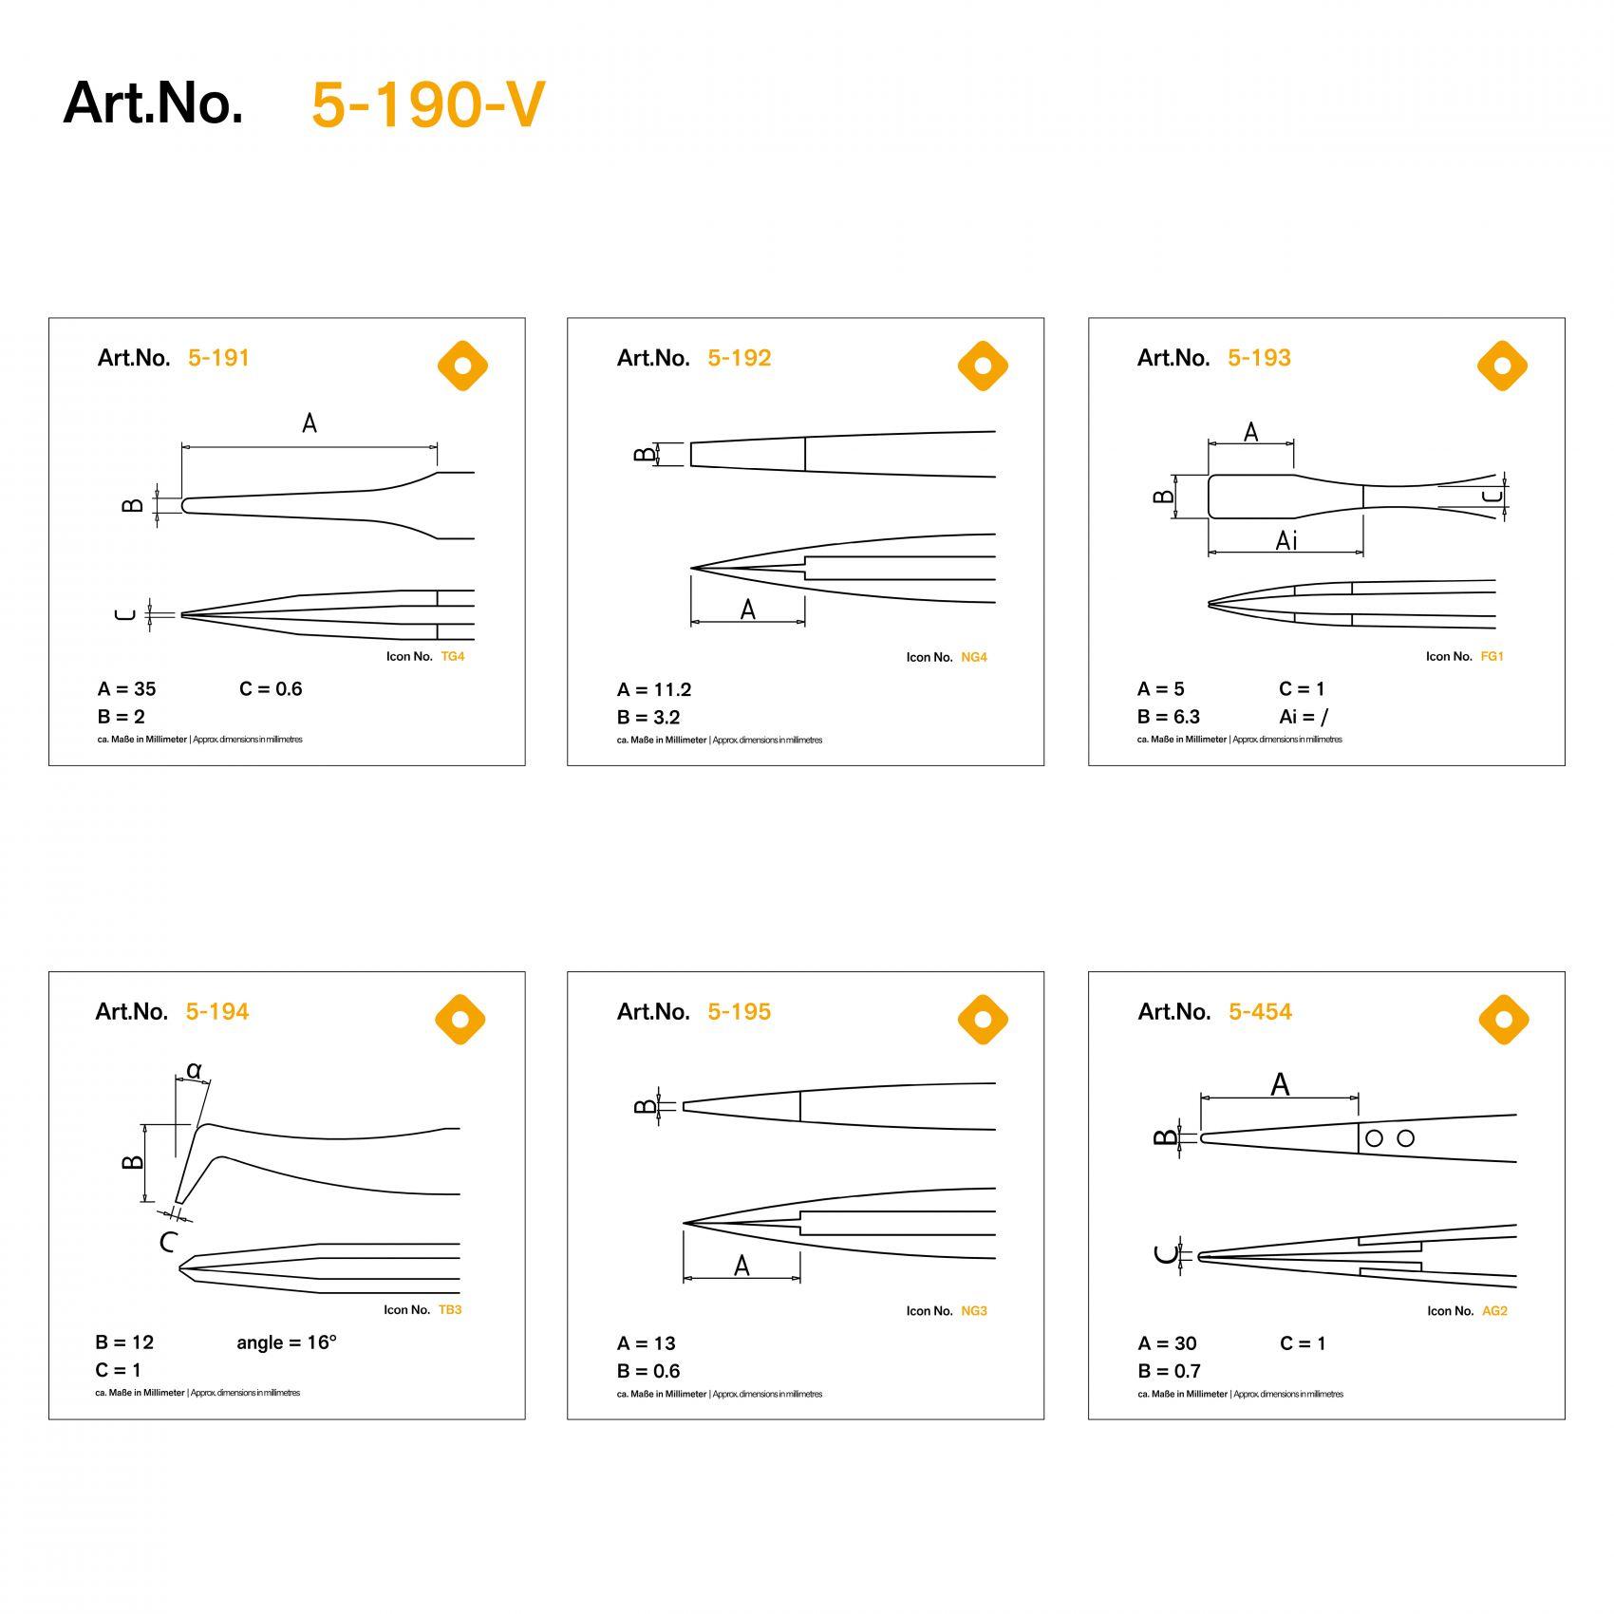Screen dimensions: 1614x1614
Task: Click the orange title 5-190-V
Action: (x=428, y=104)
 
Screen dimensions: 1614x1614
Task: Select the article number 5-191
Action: (x=218, y=358)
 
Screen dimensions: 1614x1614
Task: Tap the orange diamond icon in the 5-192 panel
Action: (x=982, y=366)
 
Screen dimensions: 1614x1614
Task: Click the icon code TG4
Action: (x=453, y=656)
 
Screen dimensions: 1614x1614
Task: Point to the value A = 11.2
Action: (x=654, y=689)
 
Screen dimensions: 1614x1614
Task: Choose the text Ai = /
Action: (x=1304, y=717)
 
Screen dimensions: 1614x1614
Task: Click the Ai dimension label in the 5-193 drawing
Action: (x=1286, y=540)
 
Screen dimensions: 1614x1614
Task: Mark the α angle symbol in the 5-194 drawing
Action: (x=194, y=1070)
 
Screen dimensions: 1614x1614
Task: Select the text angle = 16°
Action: (x=287, y=1342)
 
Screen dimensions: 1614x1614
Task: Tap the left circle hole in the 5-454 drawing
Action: (x=1374, y=1137)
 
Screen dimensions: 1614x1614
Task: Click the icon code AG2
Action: (x=1494, y=1311)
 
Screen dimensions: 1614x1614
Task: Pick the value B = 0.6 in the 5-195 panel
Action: (x=648, y=1371)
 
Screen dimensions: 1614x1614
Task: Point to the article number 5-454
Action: (x=1260, y=1012)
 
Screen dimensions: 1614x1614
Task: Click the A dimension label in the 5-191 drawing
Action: (x=310, y=423)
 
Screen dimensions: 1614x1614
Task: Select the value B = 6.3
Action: (x=1169, y=717)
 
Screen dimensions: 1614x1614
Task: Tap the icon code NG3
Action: (x=974, y=1311)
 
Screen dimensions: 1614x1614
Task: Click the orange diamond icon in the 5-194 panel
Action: (x=460, y=1020)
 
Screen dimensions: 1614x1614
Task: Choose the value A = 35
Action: (x=126, y=689)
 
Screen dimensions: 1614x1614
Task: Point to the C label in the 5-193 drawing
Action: (x=1493, y=496)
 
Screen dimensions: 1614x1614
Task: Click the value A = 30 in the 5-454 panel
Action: (x=1168, y=1343)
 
